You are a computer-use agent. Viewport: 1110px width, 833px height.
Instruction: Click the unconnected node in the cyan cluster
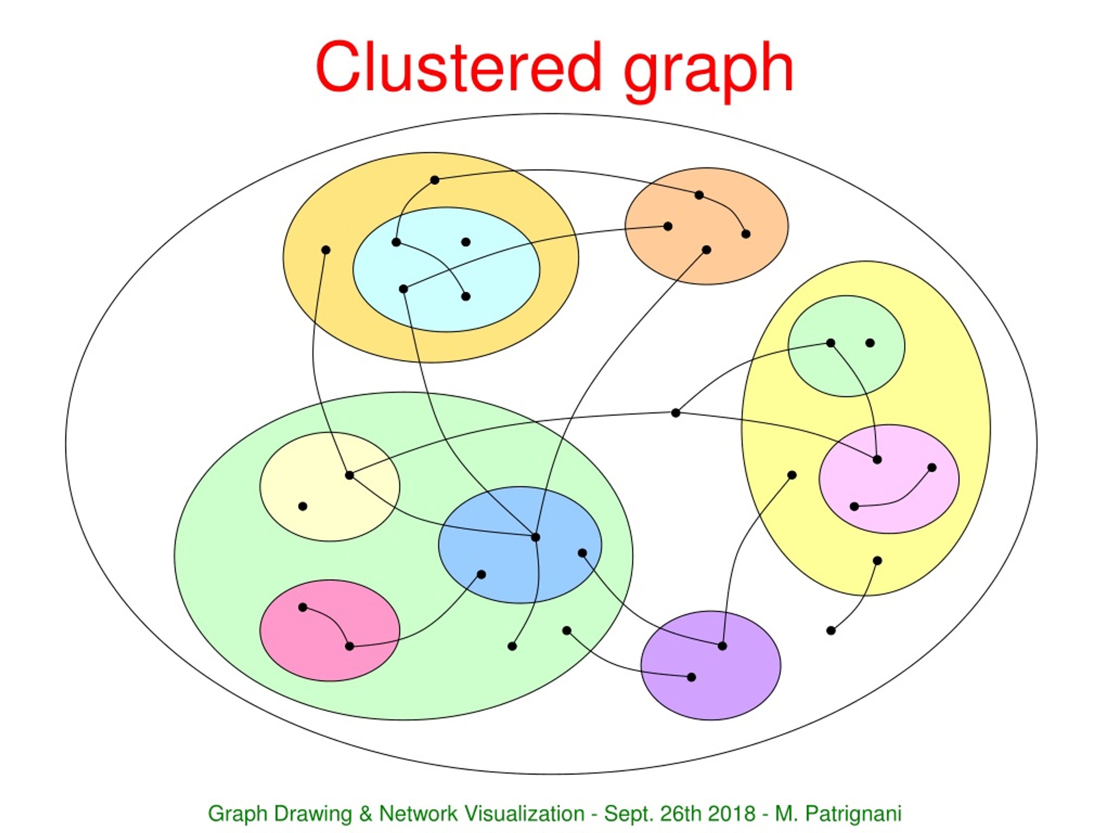click(x=466, y=242)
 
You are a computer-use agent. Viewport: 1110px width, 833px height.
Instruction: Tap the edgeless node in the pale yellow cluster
click(x=303, y=506)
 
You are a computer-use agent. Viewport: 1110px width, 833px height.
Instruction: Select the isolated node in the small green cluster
click(x=870, y=343)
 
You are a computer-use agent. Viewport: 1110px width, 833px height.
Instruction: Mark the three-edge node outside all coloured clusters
click(x=676, y=413)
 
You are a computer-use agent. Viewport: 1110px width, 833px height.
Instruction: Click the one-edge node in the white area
click(x=831, y=631)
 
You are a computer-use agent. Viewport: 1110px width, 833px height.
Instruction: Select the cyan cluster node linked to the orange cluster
click(x=403, y=289)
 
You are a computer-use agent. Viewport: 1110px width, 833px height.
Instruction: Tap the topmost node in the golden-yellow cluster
click(x=435, y=180)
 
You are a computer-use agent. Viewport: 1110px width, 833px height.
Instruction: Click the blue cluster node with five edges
click(x=535, y=537)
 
